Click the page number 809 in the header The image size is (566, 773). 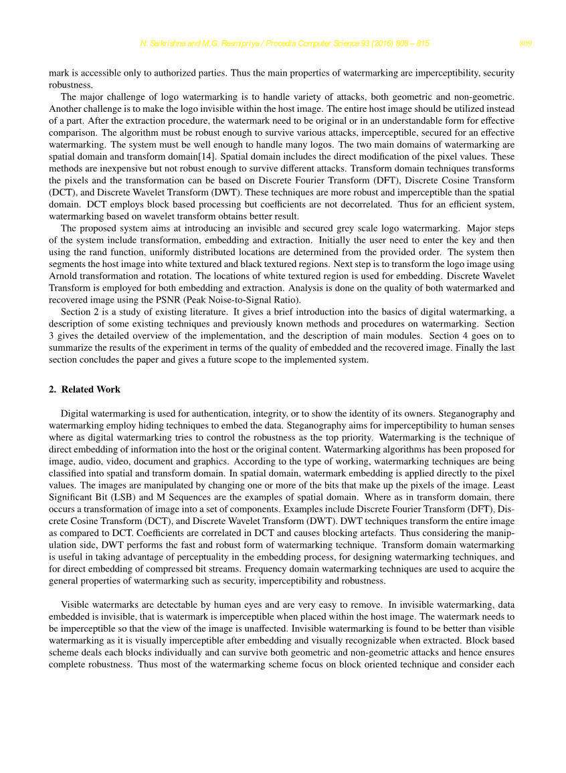pyautogui.click(x=525, y=44)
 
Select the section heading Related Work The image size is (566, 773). pyautogui.click(x=91, y=390)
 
